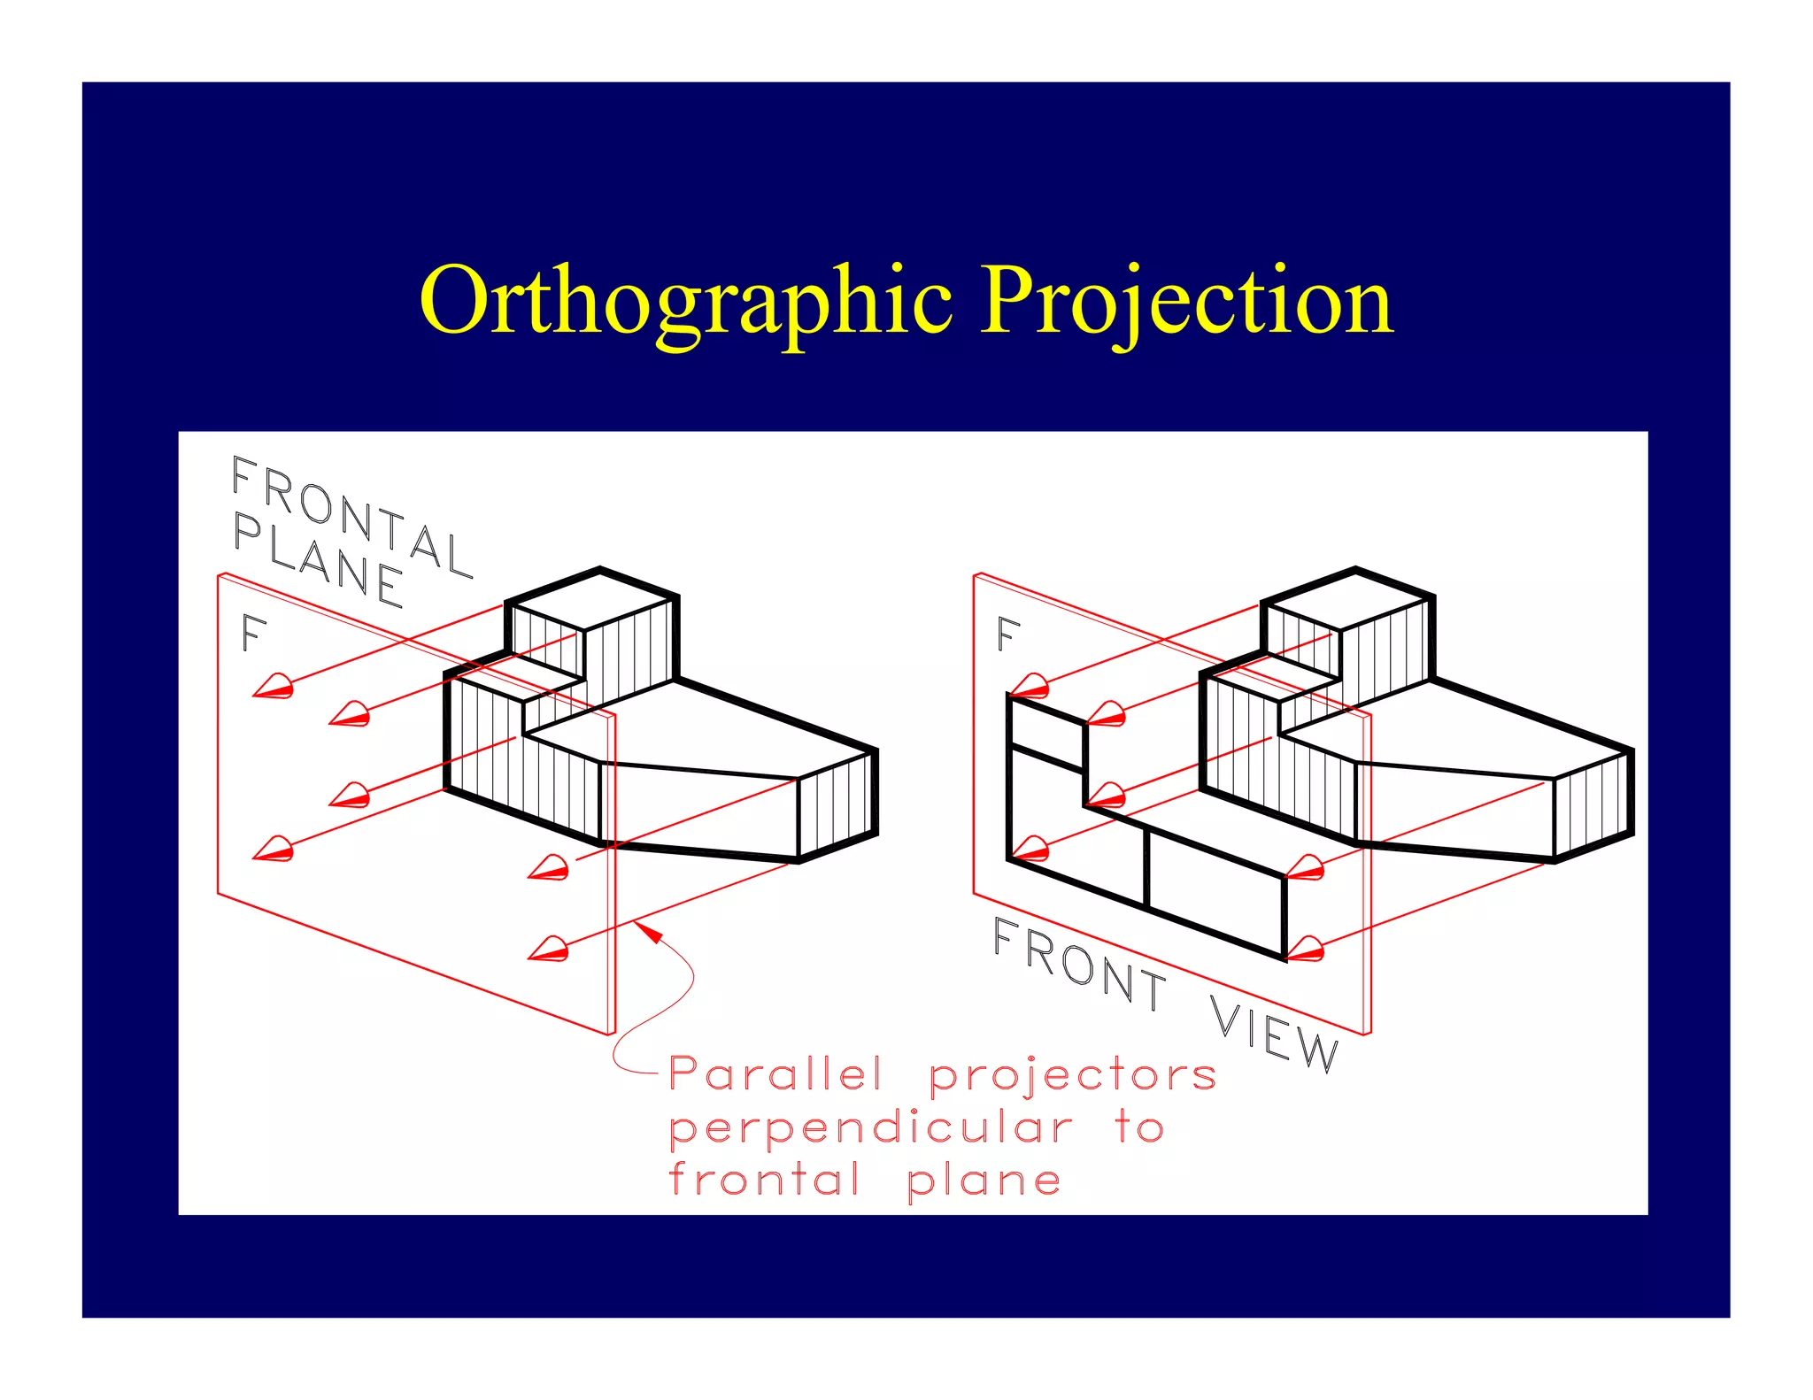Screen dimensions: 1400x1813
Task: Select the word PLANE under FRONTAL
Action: click(319, 562)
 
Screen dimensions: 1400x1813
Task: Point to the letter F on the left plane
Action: click(253, 634)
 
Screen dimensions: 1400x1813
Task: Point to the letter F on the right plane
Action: click(1007, 634)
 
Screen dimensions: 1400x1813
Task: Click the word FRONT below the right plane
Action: click(1079, 964)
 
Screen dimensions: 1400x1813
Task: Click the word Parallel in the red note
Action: click(775, 1074)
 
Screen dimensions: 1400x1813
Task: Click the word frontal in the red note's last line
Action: click(763, 1180)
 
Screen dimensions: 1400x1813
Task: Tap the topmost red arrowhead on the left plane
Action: click(274, 687)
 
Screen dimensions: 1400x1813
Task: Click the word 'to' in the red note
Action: click(1139, 1127)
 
